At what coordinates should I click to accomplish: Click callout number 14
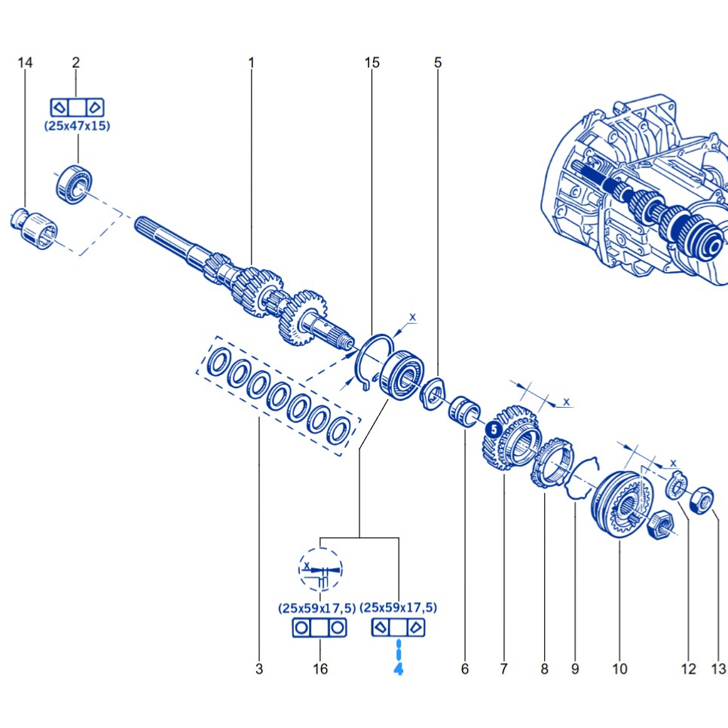25,63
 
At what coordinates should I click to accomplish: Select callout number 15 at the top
372,63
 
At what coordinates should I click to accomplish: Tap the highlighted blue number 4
398,667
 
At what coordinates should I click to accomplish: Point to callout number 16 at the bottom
320,668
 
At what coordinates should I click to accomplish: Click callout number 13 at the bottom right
717,668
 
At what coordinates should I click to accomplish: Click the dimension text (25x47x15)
77,126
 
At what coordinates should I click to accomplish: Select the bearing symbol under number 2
76,106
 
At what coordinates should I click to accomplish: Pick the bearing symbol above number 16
320,628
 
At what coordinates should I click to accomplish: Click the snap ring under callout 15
372,360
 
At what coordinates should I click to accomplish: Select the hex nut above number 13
703,498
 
